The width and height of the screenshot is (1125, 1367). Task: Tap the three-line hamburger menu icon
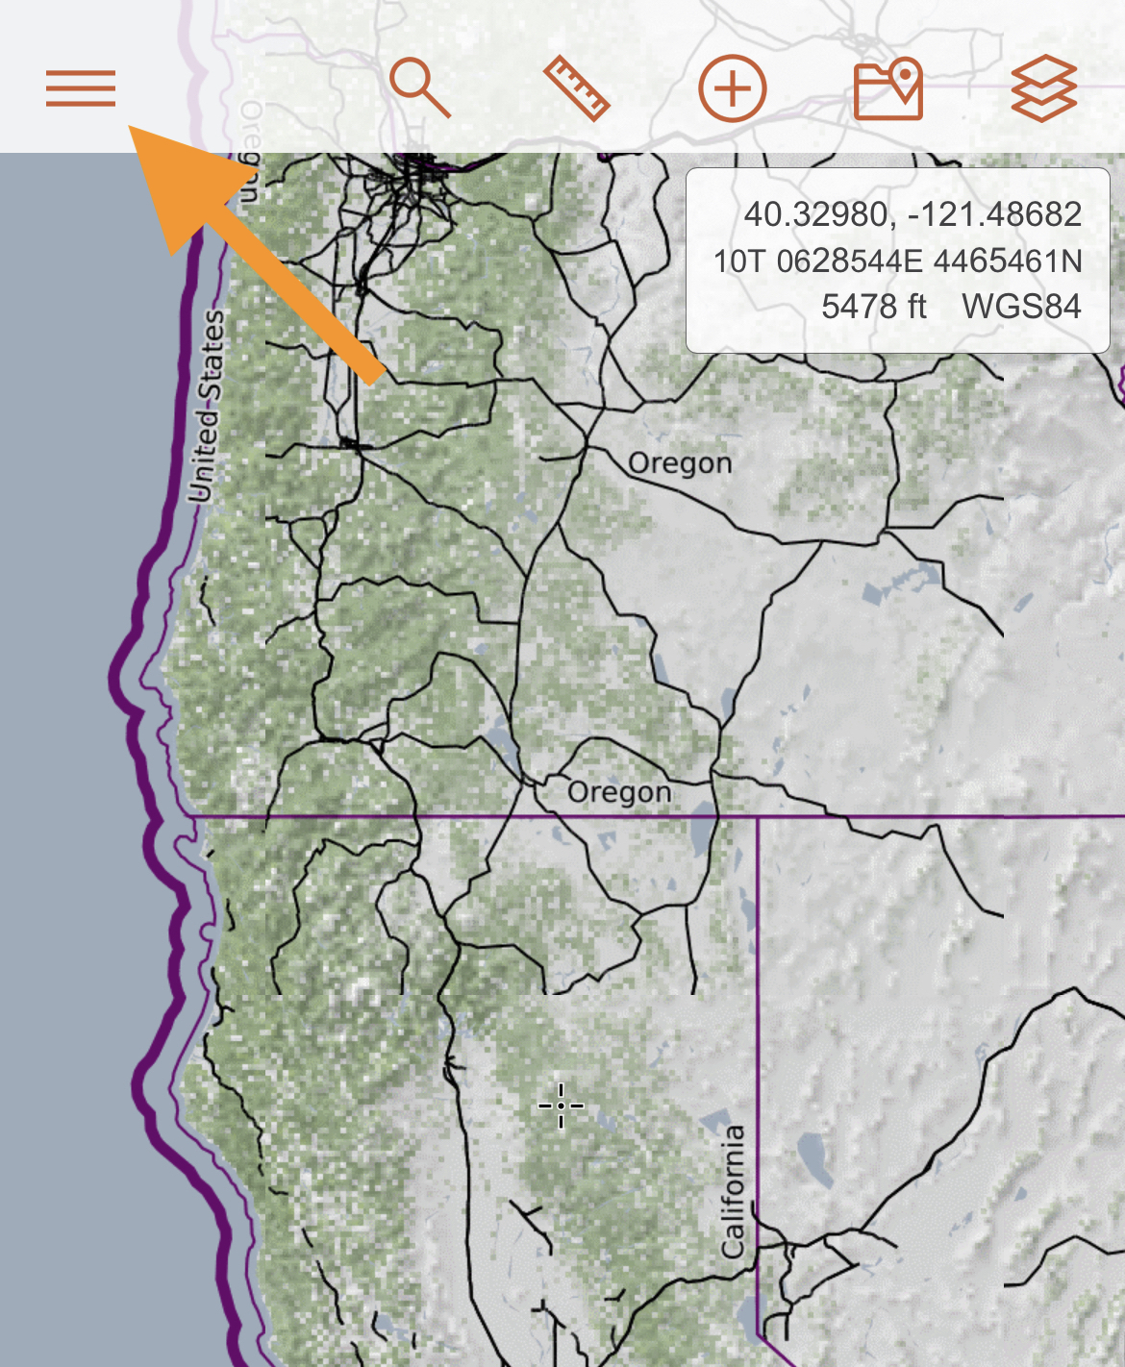pos(81,88)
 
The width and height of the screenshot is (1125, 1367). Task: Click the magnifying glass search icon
pos(420,87)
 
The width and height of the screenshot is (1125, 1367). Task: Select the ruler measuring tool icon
pos(577,88)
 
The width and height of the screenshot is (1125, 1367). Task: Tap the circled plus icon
pos(733,88)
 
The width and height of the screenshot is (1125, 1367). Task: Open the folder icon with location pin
pos(888,88)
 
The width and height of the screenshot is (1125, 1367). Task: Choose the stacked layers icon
pos(1044,88)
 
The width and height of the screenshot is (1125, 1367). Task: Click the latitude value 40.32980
pos(815,213)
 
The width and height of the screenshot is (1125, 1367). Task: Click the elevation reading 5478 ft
pos(873,307)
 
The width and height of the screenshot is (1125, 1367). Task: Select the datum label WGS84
pos(1021,307)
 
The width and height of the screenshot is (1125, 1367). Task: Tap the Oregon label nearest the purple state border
pos(619,792)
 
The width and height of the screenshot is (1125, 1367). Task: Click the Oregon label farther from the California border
pos(680,462)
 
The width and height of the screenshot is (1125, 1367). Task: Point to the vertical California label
pos(734,1192)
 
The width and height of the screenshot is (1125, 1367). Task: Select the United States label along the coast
pos(208,406)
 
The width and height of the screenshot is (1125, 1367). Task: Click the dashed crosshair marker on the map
pos(561,1106)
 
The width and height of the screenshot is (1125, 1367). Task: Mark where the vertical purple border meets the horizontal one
pos(758,816)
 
